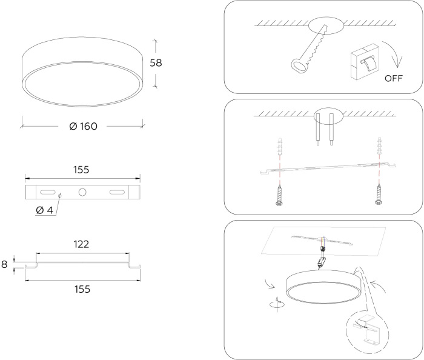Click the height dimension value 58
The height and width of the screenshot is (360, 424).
[156, 63]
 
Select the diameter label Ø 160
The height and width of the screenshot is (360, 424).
[84, 126]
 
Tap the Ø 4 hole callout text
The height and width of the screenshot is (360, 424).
[45, 210]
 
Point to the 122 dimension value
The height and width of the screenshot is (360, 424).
[81, 244]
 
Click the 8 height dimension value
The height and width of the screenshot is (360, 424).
[4, 264]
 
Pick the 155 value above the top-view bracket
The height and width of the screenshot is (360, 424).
[81, 170]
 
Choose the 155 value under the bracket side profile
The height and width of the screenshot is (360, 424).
[82, 289]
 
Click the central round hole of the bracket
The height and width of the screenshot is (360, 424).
[82, 192]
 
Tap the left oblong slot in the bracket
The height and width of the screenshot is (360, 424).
[48, 192]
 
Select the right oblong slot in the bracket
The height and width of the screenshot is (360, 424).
[117, 192]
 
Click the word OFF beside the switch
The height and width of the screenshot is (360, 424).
[394, 78]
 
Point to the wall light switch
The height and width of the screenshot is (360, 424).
[364, 62]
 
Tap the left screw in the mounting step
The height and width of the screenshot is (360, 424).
[279, 194]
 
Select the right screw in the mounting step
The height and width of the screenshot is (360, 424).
[379, 194]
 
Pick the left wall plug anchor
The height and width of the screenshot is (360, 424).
[280, 146]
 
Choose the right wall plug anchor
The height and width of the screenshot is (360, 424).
[379, 146]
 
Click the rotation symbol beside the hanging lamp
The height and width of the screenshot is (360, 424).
[277, 304]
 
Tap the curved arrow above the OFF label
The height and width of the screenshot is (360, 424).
[394, 53]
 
